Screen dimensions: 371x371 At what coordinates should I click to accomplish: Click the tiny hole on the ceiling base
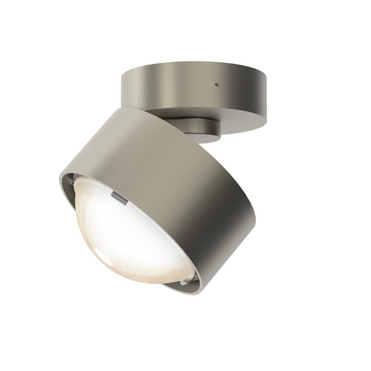pos(217,85)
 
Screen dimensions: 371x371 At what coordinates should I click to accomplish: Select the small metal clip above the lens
pos(119,199)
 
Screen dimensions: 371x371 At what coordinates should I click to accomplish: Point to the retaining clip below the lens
pos(183,282)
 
